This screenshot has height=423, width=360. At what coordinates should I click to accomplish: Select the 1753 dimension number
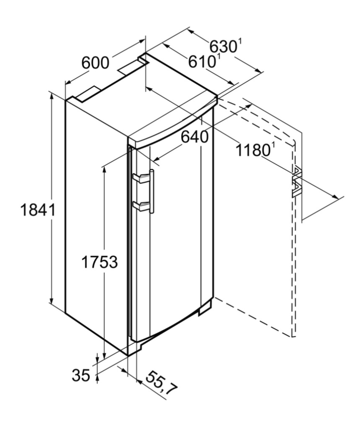(x=99, y=262)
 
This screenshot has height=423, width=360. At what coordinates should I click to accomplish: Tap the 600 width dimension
(x=95, y=63)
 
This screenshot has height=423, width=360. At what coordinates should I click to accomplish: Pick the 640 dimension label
(x=195, y=137)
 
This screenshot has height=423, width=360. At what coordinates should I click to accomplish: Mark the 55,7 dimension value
(x=161, y=383)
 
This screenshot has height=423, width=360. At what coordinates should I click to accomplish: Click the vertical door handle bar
(x=152, y=191)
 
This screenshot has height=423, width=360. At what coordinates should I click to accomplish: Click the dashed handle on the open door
(x=297, y=182)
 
